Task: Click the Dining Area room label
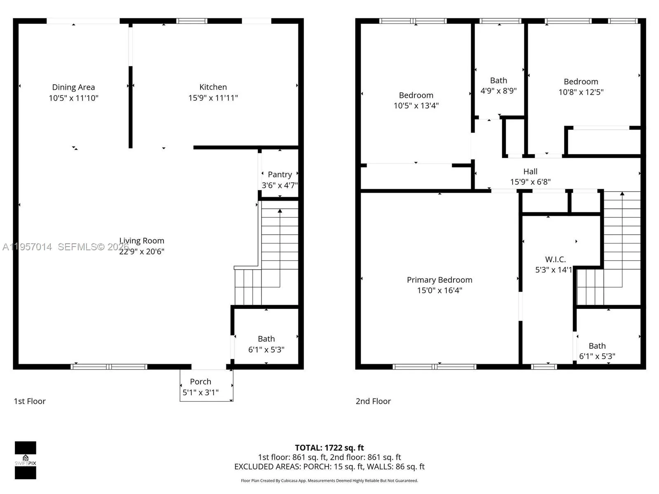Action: [73, 87]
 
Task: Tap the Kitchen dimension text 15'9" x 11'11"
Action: [213, 98]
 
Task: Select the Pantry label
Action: [280, 175]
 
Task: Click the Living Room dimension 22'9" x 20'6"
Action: [142, 252]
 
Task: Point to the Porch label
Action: [201, 382]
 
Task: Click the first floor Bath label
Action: [266, 339]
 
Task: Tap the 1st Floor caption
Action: [30, 401]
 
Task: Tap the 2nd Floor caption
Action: [373, 401]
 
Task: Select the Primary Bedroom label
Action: [439, 280]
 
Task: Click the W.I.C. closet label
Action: [555, 259]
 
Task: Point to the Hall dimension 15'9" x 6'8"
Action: [530, 182]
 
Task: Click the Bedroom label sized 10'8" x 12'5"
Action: [581, 82]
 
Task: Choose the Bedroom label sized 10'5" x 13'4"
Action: [416, 95]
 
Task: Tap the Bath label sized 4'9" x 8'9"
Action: [498, 81]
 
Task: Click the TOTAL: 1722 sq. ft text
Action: [329, 447]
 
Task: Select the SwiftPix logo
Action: [26, 460]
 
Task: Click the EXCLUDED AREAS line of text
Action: [329, 466]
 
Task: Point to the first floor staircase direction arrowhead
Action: [280, 211]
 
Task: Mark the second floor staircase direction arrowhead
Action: [622, 193]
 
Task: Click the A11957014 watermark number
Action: [27, 247]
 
